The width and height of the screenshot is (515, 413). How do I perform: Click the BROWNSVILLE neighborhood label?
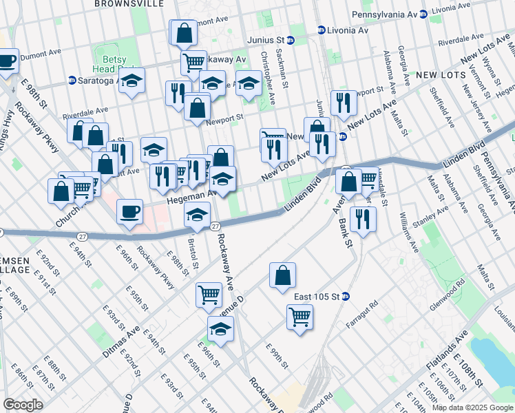129,4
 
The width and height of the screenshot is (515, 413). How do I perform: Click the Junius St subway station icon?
291,40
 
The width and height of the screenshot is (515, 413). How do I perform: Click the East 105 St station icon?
346,297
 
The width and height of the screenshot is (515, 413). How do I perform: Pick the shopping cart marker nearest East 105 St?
299,317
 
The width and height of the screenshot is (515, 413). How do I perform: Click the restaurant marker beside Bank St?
361,218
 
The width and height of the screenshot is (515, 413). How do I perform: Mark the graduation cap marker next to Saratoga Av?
132,81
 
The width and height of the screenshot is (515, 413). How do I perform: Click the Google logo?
23,405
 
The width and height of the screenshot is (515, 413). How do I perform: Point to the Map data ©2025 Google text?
472,407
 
